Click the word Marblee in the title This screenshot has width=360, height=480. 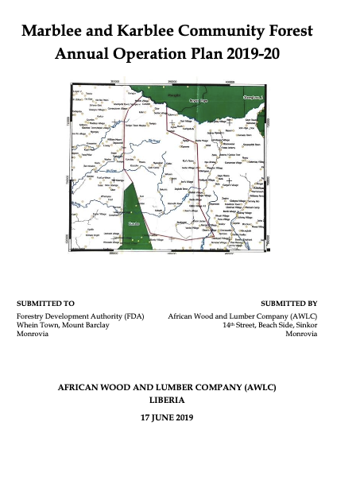tap(55, 32)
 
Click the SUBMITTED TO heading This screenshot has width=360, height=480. tap(45, 304)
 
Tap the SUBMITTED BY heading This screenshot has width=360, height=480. tap(289, 304)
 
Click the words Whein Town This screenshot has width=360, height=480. tap(35, 325)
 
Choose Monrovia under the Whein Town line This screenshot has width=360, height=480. tap(33, 335)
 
